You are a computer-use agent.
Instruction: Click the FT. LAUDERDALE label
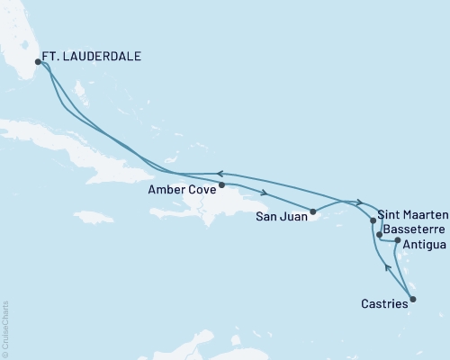tap(94, 56)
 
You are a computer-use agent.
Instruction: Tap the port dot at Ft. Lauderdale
tap(38, 62)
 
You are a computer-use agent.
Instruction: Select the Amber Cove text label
tap(184, 191)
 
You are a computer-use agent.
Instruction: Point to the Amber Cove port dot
tap(222, 184)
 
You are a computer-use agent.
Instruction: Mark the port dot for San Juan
tap(313, 212)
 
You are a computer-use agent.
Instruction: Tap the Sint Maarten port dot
tap(373, 220)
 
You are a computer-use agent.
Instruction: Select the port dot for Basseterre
tap(379, 234)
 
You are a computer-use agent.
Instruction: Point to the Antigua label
tap(422, 244)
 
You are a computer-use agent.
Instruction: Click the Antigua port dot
tap(398, 241)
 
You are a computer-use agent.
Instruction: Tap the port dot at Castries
tap(413, 299)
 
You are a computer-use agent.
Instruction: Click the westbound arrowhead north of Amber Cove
tap(217, 174)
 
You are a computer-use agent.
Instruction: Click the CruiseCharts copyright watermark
tap(6, 328)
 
